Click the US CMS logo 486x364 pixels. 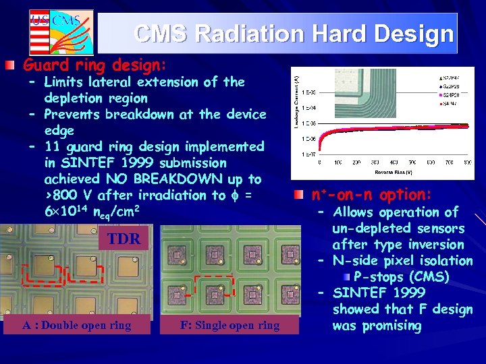tap(61, 31)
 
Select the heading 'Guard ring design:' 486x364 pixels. tap(94, 65)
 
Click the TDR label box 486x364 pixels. tap(124, 239)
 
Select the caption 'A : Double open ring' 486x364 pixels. tap(76, 325)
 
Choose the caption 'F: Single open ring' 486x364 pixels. tap(230, 325)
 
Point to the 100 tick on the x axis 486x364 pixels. tap(337, 162)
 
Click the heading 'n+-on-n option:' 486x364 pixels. tap(371, 195)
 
